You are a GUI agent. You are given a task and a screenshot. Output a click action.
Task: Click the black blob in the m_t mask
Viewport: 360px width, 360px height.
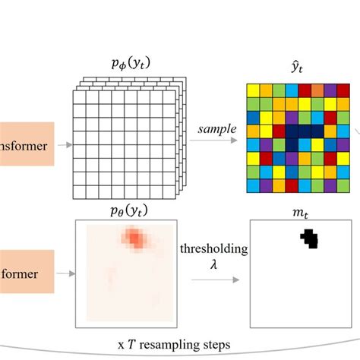(309, 238)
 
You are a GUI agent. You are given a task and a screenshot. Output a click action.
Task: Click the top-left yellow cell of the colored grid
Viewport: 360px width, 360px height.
(254, 90)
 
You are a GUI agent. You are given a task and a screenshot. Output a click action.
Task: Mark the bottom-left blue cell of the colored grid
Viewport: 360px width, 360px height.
(254, 185)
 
